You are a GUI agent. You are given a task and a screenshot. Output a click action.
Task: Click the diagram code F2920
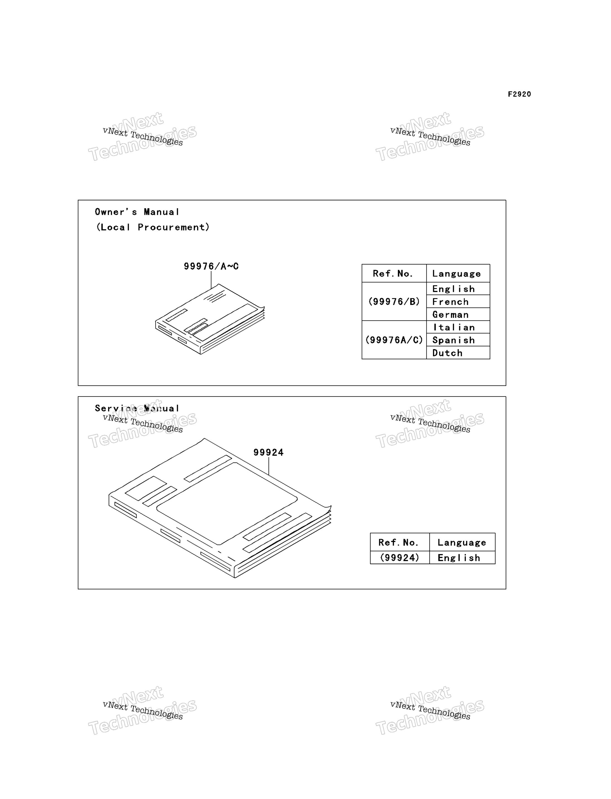click(519, 94)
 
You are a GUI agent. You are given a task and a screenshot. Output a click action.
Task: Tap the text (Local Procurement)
click(153, 227)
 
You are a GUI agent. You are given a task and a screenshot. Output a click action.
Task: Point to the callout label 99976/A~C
click(211, 266)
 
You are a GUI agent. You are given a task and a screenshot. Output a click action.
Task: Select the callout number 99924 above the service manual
click(268, 452)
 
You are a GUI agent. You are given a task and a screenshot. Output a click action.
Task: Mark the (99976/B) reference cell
click(394, 302)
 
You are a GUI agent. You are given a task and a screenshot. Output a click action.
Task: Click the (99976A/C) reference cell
click(394, 340)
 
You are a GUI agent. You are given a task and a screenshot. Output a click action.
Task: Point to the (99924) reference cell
click(400, 558)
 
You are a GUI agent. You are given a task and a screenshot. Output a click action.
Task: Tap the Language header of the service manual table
click(462, 542)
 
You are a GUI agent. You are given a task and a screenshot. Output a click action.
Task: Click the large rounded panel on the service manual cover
click(227, 503)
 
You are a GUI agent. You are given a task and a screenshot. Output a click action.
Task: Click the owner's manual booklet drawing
click(210, 319)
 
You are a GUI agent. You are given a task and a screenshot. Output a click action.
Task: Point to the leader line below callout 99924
click(269, 466)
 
